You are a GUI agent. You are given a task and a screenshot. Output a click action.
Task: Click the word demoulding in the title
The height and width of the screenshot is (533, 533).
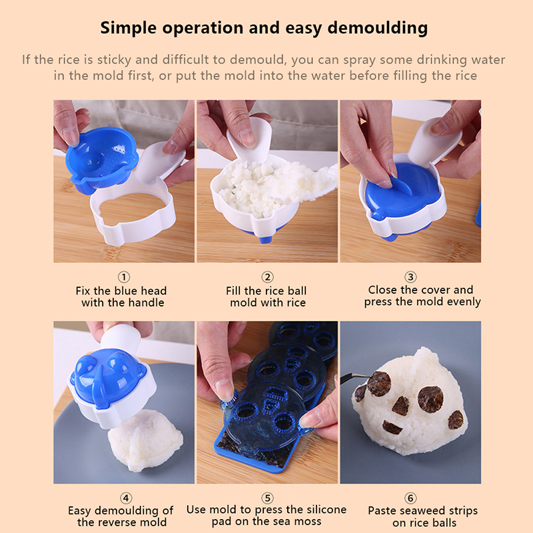point(377,28)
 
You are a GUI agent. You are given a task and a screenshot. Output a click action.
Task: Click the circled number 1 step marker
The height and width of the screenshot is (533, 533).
point(124,276)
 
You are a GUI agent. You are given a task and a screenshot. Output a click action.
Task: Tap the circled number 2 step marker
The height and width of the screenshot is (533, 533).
point(268,276)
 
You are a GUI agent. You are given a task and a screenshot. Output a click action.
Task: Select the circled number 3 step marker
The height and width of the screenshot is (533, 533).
point(410,276)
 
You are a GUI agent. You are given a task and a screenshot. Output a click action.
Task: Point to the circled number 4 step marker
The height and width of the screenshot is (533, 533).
point(126,498)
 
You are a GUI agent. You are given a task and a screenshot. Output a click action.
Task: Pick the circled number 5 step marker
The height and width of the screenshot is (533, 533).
point(268,498)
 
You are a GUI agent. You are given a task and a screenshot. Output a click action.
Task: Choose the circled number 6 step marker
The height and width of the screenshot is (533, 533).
point(410,498)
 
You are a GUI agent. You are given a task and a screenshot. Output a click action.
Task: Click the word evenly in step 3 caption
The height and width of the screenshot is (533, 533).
point(464,302)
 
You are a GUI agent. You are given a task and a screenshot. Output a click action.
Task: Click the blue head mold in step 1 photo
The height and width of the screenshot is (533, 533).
point(102,161)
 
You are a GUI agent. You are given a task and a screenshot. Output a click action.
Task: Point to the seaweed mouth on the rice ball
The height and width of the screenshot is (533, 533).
point(392,427)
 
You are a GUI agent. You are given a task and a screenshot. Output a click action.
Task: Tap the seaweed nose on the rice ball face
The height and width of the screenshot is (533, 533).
point(401,406)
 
